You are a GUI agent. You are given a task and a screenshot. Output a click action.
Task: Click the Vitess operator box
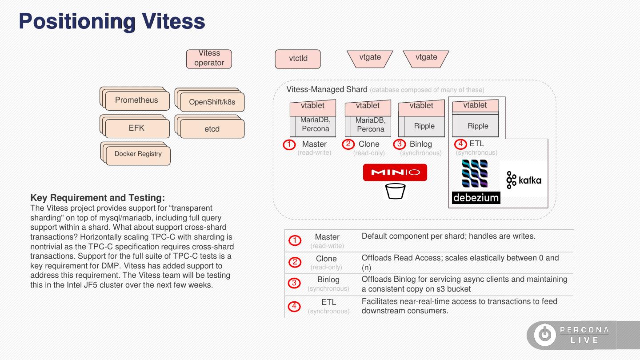pyautogui.click(x=209, y=59)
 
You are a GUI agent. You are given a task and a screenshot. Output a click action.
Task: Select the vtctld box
pyautogui.click(x=298, y=59)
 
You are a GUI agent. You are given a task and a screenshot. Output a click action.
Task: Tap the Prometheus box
pyautogui.click(x=136, y=100)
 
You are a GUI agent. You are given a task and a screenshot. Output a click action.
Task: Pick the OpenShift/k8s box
pyautogui.click(x=212, y=102)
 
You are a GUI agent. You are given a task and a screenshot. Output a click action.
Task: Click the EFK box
pyautogui.click(x=136, y=128)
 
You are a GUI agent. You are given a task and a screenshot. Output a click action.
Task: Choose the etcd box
pyautogui.click(x=212, y=129)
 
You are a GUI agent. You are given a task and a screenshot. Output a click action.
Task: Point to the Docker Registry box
pyautogui.click(x=138, y=154)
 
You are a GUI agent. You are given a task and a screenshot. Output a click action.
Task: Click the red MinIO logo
pyautogui.click(x=395, y=172)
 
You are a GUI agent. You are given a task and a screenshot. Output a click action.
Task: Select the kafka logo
pyautogui.click(x=524, y=180)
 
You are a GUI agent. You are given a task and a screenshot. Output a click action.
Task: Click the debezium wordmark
pyautogui.click(x=476, y=198)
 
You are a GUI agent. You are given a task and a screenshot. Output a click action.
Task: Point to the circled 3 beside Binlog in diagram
pyautogui.click(x=400, y=144)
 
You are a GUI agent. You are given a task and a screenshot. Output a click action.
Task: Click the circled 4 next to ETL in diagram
pyautogui.click(x=460, y=144)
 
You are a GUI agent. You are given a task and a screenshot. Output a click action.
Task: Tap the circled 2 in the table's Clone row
pyautogui.click(x=295, y=262)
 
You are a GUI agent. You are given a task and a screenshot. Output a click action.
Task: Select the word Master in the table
pyautogui.click(x=327, y=237)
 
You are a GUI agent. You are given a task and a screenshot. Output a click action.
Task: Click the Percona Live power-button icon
pyautogui.click(x=544, y=335)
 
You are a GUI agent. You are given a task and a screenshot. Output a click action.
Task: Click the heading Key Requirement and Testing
pyautogui.click(x=97, y=198)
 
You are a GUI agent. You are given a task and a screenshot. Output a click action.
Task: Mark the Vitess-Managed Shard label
pyautogui.click(x=327, y=89)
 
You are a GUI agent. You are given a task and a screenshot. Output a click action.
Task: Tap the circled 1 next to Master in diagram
pyautogui.click(x=289, y=144)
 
